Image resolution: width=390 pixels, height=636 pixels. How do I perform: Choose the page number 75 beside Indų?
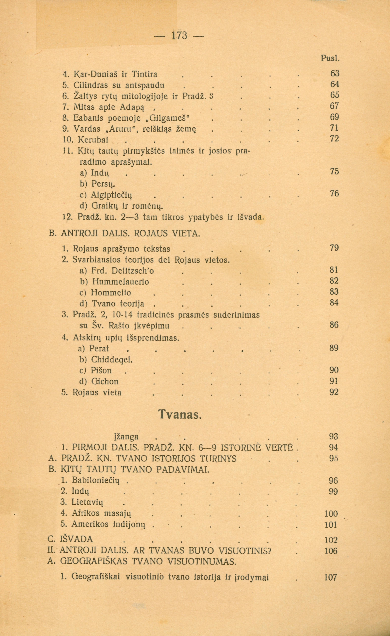334,172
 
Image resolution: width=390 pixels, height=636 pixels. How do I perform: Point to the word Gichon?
105,382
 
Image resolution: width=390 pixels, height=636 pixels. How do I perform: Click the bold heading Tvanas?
178,415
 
